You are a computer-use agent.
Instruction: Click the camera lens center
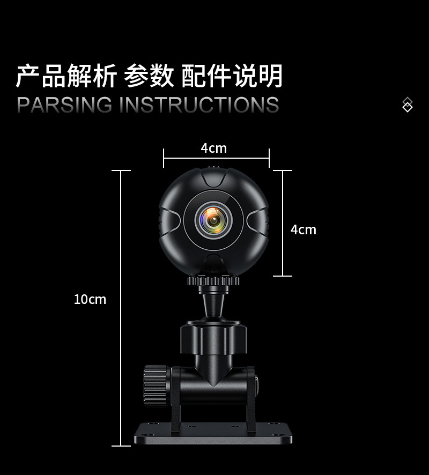click(213, 219)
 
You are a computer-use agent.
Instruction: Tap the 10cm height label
click(90, 299)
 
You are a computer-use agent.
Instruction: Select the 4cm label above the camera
click(213, 148)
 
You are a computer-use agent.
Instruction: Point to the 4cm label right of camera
click(303, 229)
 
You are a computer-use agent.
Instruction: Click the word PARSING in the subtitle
click(65, 105)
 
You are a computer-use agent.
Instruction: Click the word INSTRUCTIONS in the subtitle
click(198, 105)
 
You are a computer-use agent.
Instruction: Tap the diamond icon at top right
click(408, 105)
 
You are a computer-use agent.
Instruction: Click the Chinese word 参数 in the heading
click(149, 76)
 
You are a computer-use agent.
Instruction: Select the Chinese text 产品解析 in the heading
click(66, 76)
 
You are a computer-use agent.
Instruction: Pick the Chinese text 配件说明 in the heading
click(232, 76)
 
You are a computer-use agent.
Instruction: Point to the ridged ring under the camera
click(213, 280)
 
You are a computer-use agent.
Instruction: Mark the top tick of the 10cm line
click(121, 170)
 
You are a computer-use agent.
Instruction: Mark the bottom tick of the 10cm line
click(121, 446)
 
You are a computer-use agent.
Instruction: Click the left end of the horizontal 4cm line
click(164, 158)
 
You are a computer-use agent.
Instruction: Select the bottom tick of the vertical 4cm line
click(283, 276)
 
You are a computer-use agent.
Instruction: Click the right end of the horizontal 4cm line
click(269, 158)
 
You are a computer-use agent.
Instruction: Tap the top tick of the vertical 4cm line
click(283, 170)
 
